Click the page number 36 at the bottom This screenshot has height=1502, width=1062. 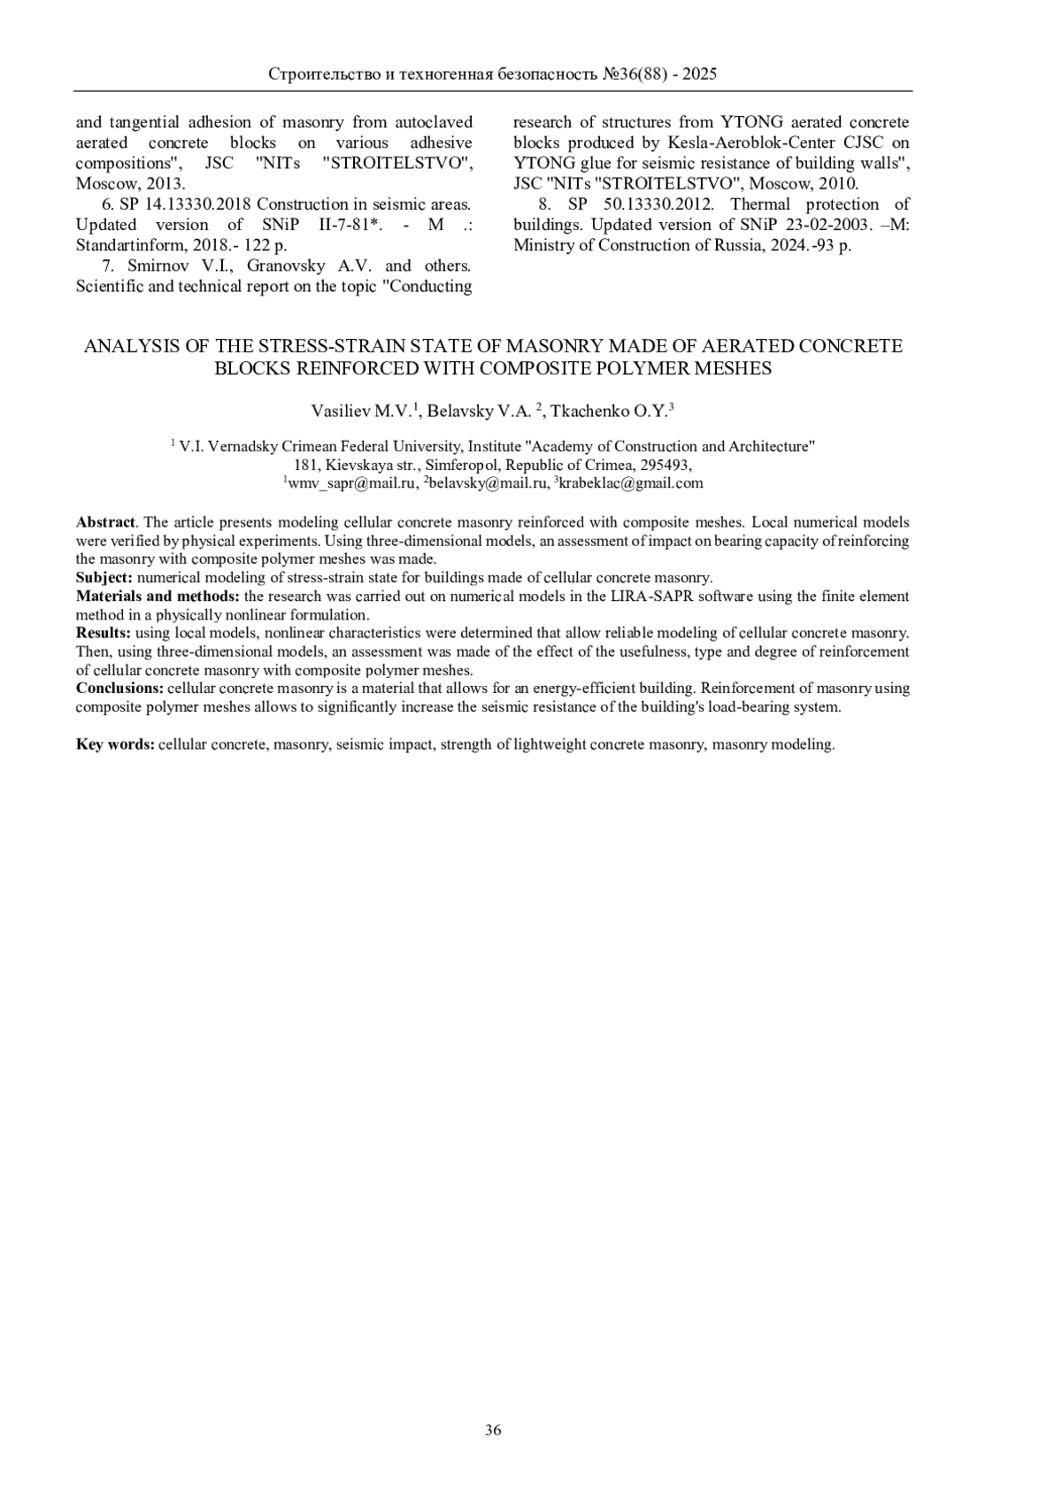494,1430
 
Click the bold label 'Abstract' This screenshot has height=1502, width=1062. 105,522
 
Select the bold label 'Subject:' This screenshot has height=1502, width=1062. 104,577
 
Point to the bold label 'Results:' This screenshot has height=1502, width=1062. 103,633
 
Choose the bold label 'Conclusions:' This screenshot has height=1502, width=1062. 119,688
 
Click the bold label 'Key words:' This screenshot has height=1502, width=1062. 115,744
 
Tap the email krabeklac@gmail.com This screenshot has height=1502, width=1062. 631,483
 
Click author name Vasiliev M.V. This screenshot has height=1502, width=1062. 360,412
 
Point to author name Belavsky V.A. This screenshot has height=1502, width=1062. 479,412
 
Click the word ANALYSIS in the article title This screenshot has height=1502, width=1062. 131,346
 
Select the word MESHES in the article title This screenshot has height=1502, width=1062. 737,368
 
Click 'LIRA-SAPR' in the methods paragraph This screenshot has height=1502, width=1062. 646,597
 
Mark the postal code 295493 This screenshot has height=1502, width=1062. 662,465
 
